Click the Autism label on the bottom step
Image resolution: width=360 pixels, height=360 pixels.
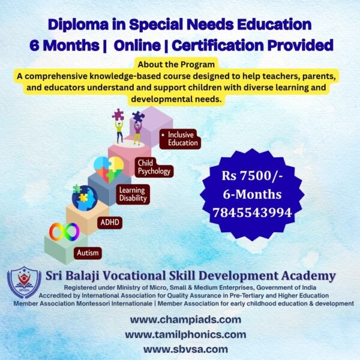tap(88, 253)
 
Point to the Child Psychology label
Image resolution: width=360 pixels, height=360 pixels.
tap(154, 167)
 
